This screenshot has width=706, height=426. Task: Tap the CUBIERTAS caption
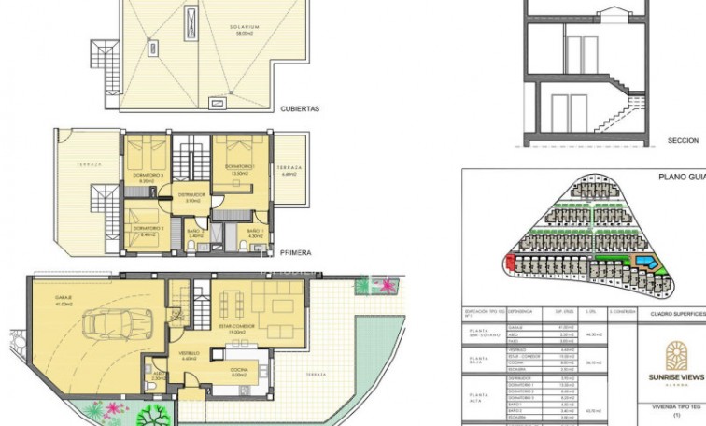click(x=300, y=108)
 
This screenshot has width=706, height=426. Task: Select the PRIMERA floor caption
click(x=295, y=252)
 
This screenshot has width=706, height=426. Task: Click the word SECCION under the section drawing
click(x=683, y=140)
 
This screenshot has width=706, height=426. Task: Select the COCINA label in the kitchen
click(x=238, y=372)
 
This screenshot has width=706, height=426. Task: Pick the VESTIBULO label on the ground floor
click(x=188, y=353)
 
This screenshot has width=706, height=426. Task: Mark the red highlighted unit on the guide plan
click(x=510, y=263)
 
